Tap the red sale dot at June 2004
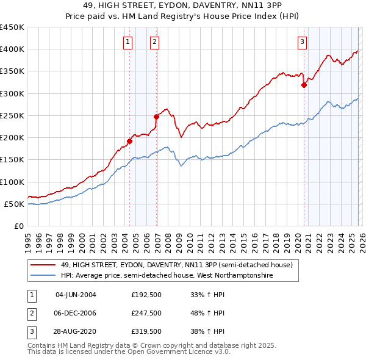coord(129,141)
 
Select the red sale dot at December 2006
coord(156,117)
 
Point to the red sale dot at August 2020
coord(304,85)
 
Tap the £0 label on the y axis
coord(19,226)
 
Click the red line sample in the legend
coord(43,265)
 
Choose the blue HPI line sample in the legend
coord(43,276)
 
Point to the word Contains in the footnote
coord(41,345)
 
